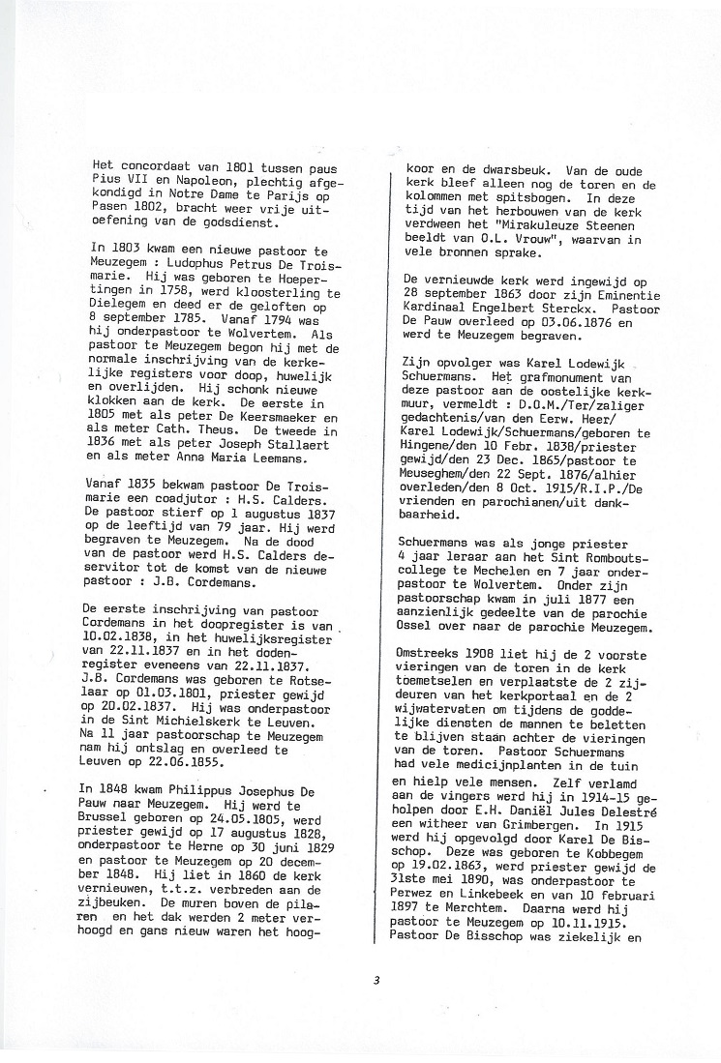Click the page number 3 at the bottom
coord(376,980)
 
